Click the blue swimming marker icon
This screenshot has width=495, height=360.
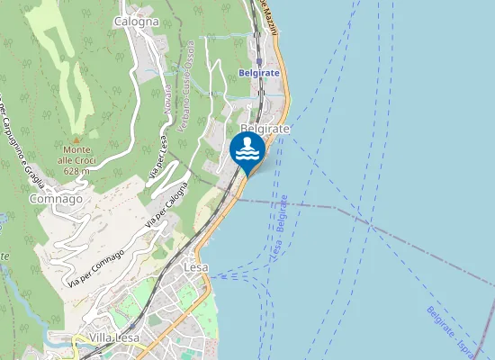coord(247,150)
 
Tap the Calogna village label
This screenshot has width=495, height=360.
coord(137,21)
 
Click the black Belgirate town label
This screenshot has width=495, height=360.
coord(265,129)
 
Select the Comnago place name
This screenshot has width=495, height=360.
coord(56,198)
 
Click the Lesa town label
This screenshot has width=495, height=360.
coord(195,267)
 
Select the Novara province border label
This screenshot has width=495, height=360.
coord(166,100)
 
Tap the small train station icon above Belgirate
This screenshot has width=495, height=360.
coord(258,61)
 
